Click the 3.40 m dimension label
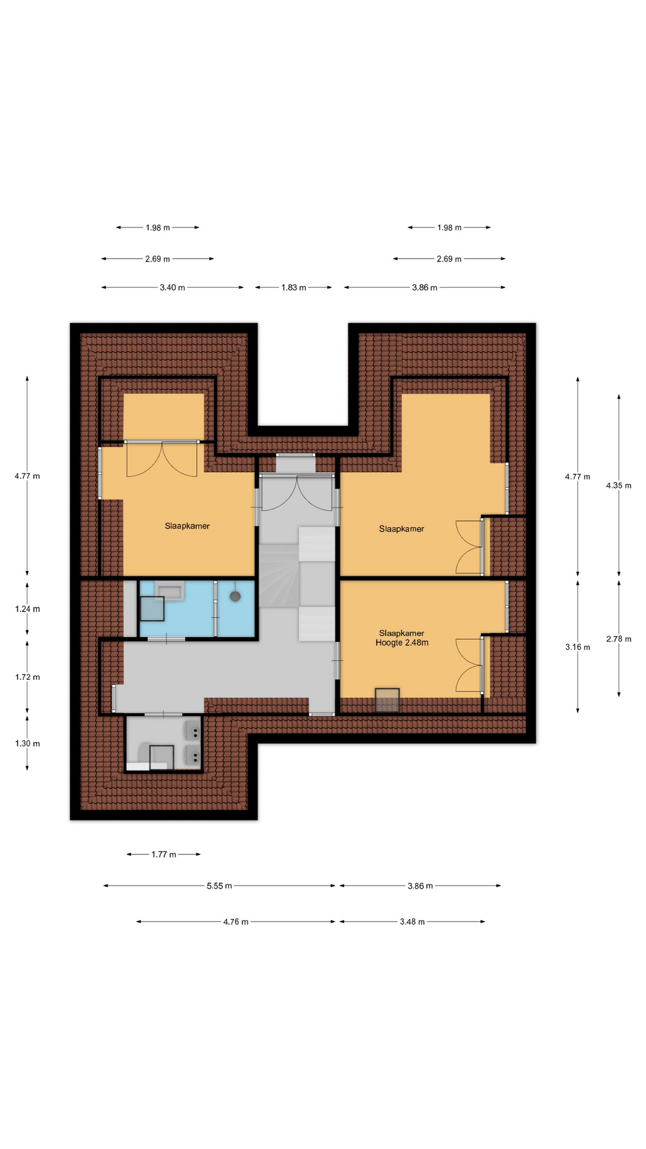[172, 288]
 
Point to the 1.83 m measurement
[294, 288]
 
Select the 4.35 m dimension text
[618, 485]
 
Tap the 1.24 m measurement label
[28, 609]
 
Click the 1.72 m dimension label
[28, 677]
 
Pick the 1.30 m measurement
[28, 744]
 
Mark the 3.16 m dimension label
[578, 647]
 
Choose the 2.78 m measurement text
[618, 639]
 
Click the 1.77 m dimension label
[164, 855]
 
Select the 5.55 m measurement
[220, 886]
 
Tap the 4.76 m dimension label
[236, 922]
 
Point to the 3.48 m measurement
[412, 922]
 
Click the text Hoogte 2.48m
[402, 643]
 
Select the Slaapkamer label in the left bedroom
[187, 526]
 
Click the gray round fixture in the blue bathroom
[235, 596]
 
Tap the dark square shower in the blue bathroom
[152, 609]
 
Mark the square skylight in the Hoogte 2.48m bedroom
[387, 700]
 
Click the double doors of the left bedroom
[161, 458]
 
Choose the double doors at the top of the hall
[297, 492]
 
